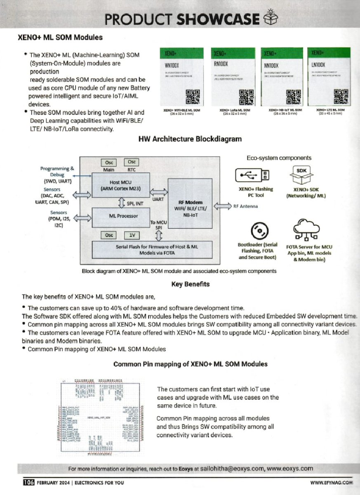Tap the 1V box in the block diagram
coord(132,235)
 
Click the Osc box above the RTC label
coord(132,162)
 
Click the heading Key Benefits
coord(190,284)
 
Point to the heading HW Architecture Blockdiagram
coord(190,139)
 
